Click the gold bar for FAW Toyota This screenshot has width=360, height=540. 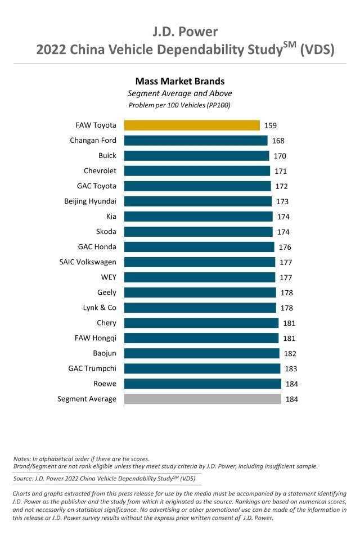click(192, 125)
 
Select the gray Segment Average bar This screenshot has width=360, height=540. click(202, 399)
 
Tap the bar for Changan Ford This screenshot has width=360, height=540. click(196, 141)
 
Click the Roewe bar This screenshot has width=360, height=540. click(202, 384)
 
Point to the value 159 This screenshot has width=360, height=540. click(270, 126)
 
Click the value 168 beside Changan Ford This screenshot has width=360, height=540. click(278, 141)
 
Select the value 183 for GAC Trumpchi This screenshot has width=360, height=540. click(290, 369)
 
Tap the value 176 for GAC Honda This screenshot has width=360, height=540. click(285, 247)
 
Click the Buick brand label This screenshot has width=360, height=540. click(107, 155)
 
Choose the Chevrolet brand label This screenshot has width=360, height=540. click(100, 170)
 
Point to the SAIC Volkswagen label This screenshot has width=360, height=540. click(88, 262)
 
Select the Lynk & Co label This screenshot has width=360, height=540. click(100, 307)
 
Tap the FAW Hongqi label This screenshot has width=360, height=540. click(96, 337)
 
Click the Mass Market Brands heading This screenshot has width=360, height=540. click(179, 82)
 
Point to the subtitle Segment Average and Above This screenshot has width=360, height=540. click(179, 93)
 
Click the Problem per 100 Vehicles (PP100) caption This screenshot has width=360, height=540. click(179, 105)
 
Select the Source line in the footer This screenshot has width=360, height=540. click(104, 479)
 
